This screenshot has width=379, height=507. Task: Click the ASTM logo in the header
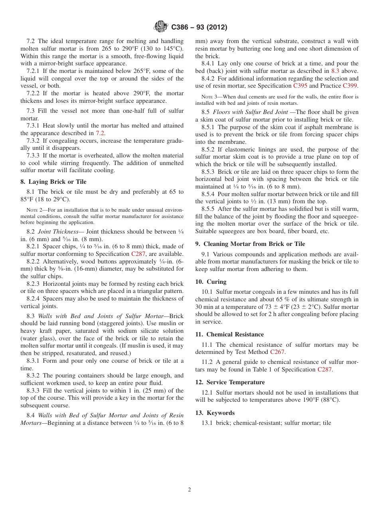[161, 27]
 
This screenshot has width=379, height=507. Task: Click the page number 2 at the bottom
[189, 490]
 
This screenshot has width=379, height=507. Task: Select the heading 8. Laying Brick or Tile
[53, 182]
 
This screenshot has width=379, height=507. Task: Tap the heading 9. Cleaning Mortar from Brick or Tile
[250, 244]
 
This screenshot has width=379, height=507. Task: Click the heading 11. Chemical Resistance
[229, 334]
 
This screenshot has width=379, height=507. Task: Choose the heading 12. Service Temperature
[230, 382]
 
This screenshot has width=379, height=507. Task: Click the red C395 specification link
[300, 86]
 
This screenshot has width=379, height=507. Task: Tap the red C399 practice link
[350, 86]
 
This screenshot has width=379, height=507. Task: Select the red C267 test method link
[278, 352]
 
